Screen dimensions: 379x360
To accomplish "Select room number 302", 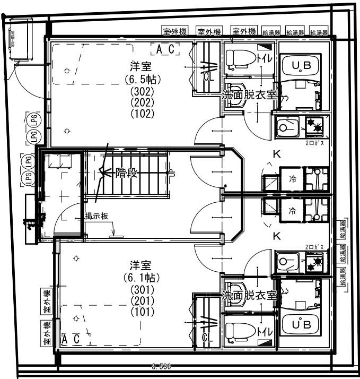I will coord(142,91).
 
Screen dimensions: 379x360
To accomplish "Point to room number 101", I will coord(142,312).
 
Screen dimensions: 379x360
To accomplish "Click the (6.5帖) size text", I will coord(142,79).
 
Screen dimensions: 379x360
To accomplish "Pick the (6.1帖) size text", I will coord(142,278).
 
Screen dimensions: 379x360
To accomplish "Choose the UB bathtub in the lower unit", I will coord(299,323).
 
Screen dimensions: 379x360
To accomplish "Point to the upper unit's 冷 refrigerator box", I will coord(292,179).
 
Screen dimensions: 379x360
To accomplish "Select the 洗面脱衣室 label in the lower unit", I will coord(249,295).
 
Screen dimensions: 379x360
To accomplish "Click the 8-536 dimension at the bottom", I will coord(161,366).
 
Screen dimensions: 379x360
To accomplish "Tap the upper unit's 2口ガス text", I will coord(314,143).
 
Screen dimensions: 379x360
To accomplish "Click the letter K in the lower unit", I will coord(276,236).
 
